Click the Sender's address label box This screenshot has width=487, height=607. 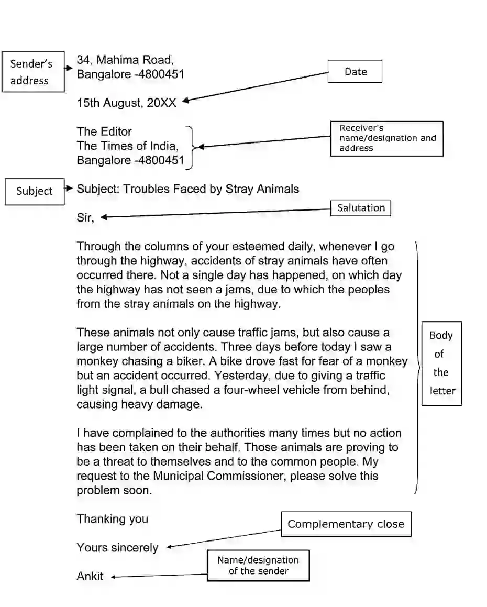tap(32, 72)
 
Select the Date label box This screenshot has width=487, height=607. tap(355, 72)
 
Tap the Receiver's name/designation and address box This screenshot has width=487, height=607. tap(387, 138)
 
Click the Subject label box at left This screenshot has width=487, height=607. tap(35, 191)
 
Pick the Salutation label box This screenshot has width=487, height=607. tap(361, 208)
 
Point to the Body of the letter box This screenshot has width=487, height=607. tap(441, 363)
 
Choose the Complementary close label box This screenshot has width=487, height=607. tap(346, 524)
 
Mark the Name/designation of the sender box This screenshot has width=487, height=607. tap(258, 565)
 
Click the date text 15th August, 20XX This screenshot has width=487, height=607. tap(126, 103)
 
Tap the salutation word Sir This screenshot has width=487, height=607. tap(85, 218)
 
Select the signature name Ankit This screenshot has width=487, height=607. tap(90, 577)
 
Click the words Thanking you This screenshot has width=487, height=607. tap(113, 519)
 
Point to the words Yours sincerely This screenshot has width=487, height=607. tap(117, 548)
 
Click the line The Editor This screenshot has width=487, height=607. tap(104, 131)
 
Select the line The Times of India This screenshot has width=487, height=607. tap(128, 146)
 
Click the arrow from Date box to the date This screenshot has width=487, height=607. tap(257, 86)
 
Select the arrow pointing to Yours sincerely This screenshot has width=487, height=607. tap(223, 539)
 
